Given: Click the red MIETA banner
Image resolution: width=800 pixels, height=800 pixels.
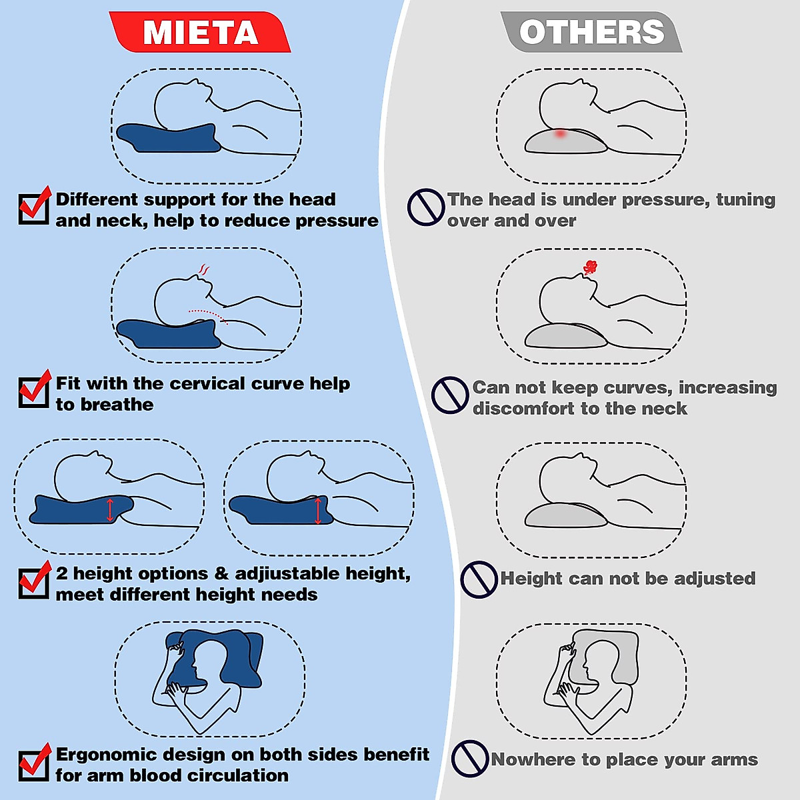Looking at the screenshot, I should tap(200, 32).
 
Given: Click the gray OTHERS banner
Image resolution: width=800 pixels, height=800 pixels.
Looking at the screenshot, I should tap(591, 32).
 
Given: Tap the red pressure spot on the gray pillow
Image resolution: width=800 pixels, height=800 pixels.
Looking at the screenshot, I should tap(560, 133).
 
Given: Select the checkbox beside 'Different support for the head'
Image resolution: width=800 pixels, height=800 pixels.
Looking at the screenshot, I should tap(33, 208).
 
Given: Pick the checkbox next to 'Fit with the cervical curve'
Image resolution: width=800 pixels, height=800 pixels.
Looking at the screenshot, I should tap(33, 391).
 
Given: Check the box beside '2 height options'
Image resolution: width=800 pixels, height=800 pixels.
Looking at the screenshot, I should tap(33, 582).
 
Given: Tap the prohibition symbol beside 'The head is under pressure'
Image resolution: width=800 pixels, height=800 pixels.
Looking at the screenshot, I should tap(425, 207).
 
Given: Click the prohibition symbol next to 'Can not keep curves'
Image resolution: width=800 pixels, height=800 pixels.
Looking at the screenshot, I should tap(450, 395).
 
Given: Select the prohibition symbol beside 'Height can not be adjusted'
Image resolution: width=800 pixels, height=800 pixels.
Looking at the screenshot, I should tap(479, 579).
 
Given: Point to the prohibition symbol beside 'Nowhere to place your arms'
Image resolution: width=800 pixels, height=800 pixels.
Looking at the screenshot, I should tap(470, 759).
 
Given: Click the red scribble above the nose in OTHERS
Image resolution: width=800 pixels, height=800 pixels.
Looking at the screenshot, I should tap(590, 267).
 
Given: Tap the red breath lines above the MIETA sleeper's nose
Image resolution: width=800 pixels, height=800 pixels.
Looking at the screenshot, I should tap(204, 270).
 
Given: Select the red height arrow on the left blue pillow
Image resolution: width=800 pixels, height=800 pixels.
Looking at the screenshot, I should tap(110, 509).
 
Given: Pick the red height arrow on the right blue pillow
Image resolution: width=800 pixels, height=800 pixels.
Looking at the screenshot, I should tap(319, 511).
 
